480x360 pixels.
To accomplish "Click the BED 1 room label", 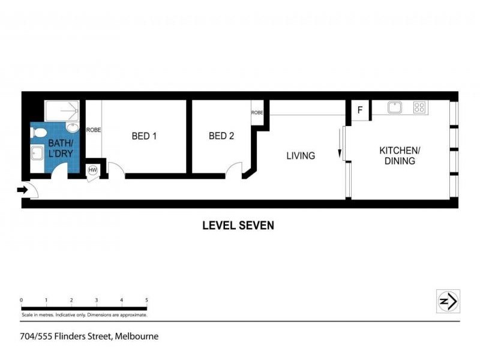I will pos(144,136).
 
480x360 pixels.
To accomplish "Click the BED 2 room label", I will pos(221,136).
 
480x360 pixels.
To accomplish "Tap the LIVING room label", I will pos(301,156).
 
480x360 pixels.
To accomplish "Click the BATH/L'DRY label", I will pos(60,148).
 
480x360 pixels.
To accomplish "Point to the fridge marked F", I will pos(360,110).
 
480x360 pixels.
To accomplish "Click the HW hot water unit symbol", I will pos(93,170).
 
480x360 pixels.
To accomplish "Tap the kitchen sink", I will pos(394,108).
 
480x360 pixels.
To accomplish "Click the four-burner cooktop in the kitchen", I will pos(419,108).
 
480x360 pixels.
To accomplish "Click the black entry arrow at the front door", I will pos(22,190).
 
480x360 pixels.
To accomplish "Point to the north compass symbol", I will pos(448,301).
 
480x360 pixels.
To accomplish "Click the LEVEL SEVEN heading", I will pos(238,226).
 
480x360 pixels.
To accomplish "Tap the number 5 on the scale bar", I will pos(146,300).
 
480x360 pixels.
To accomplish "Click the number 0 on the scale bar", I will pos(21,300).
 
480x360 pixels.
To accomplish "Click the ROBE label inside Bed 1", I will pos(93,130).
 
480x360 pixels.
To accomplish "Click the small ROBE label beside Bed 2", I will pos(257,113).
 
